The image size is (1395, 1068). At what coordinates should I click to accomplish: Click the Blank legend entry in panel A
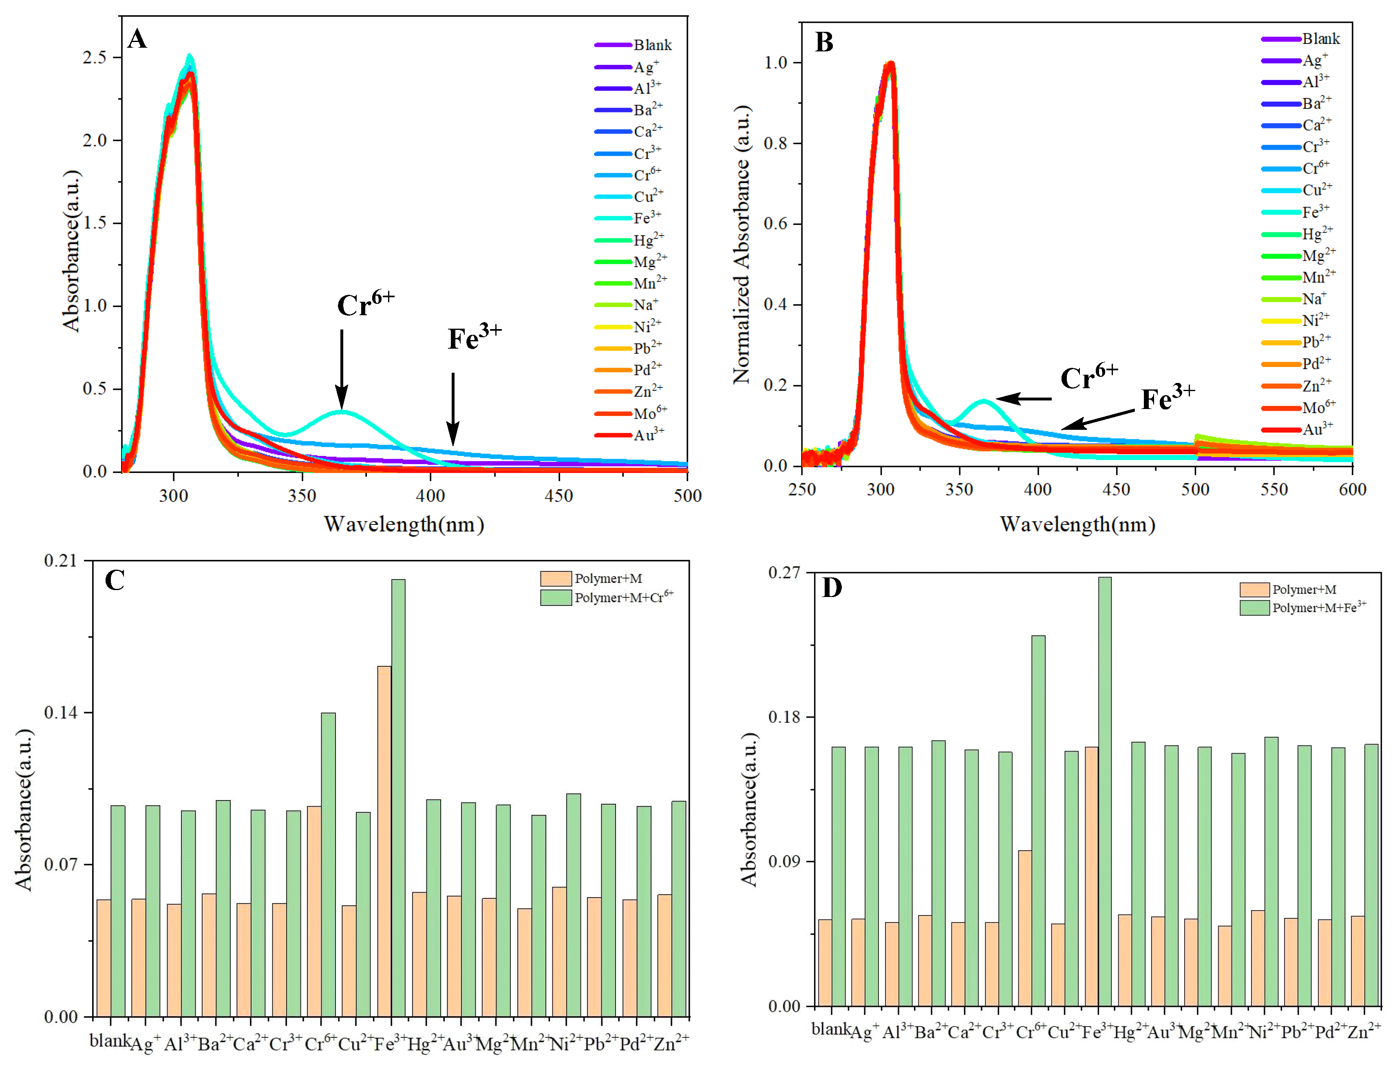click(633, 44)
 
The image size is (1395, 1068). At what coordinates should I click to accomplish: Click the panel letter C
click(115, 580)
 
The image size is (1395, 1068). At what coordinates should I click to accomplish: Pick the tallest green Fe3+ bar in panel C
click(398, 798)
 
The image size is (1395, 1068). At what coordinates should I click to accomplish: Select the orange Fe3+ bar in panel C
click(384, 841)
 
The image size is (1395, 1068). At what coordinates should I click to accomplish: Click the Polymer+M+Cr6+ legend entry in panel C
click(607, 597)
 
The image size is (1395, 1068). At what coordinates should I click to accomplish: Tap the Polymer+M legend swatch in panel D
click(1254, 589)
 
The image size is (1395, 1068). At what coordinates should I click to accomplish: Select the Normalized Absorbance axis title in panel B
click(742, 245)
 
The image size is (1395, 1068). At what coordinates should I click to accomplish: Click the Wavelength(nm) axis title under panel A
click(404, 524)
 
